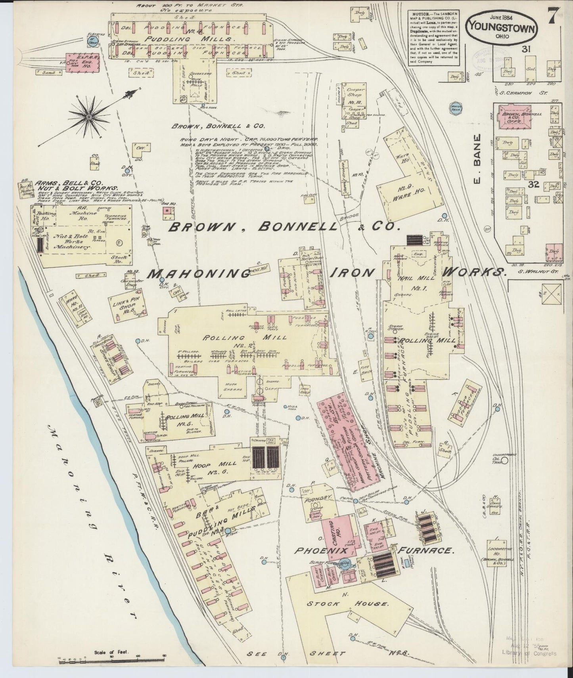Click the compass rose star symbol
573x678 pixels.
point(89,117)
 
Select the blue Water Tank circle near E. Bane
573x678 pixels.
point(455,107)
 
